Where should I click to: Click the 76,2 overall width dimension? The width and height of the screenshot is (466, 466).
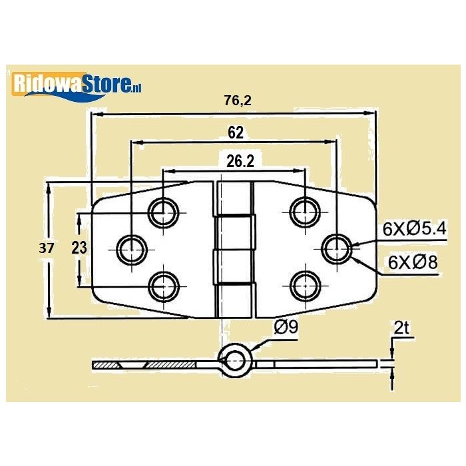coord(238,101)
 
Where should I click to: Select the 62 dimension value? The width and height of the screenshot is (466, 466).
coord(236,132)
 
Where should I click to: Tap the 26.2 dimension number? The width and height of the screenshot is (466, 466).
coord(240,161)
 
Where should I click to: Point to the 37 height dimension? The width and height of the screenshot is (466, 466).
coord(46,248)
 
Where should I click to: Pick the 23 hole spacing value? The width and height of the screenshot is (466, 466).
coord(79,248)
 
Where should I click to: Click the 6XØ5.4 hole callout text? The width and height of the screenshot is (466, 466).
coord(414,229)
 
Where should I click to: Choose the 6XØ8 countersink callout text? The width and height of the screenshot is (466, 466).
coord(413,262)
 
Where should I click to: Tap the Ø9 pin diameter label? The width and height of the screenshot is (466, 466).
coord(286,328)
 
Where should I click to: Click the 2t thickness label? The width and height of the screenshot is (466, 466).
coord(401,328)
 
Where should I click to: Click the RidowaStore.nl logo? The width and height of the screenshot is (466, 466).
coord(76,86)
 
